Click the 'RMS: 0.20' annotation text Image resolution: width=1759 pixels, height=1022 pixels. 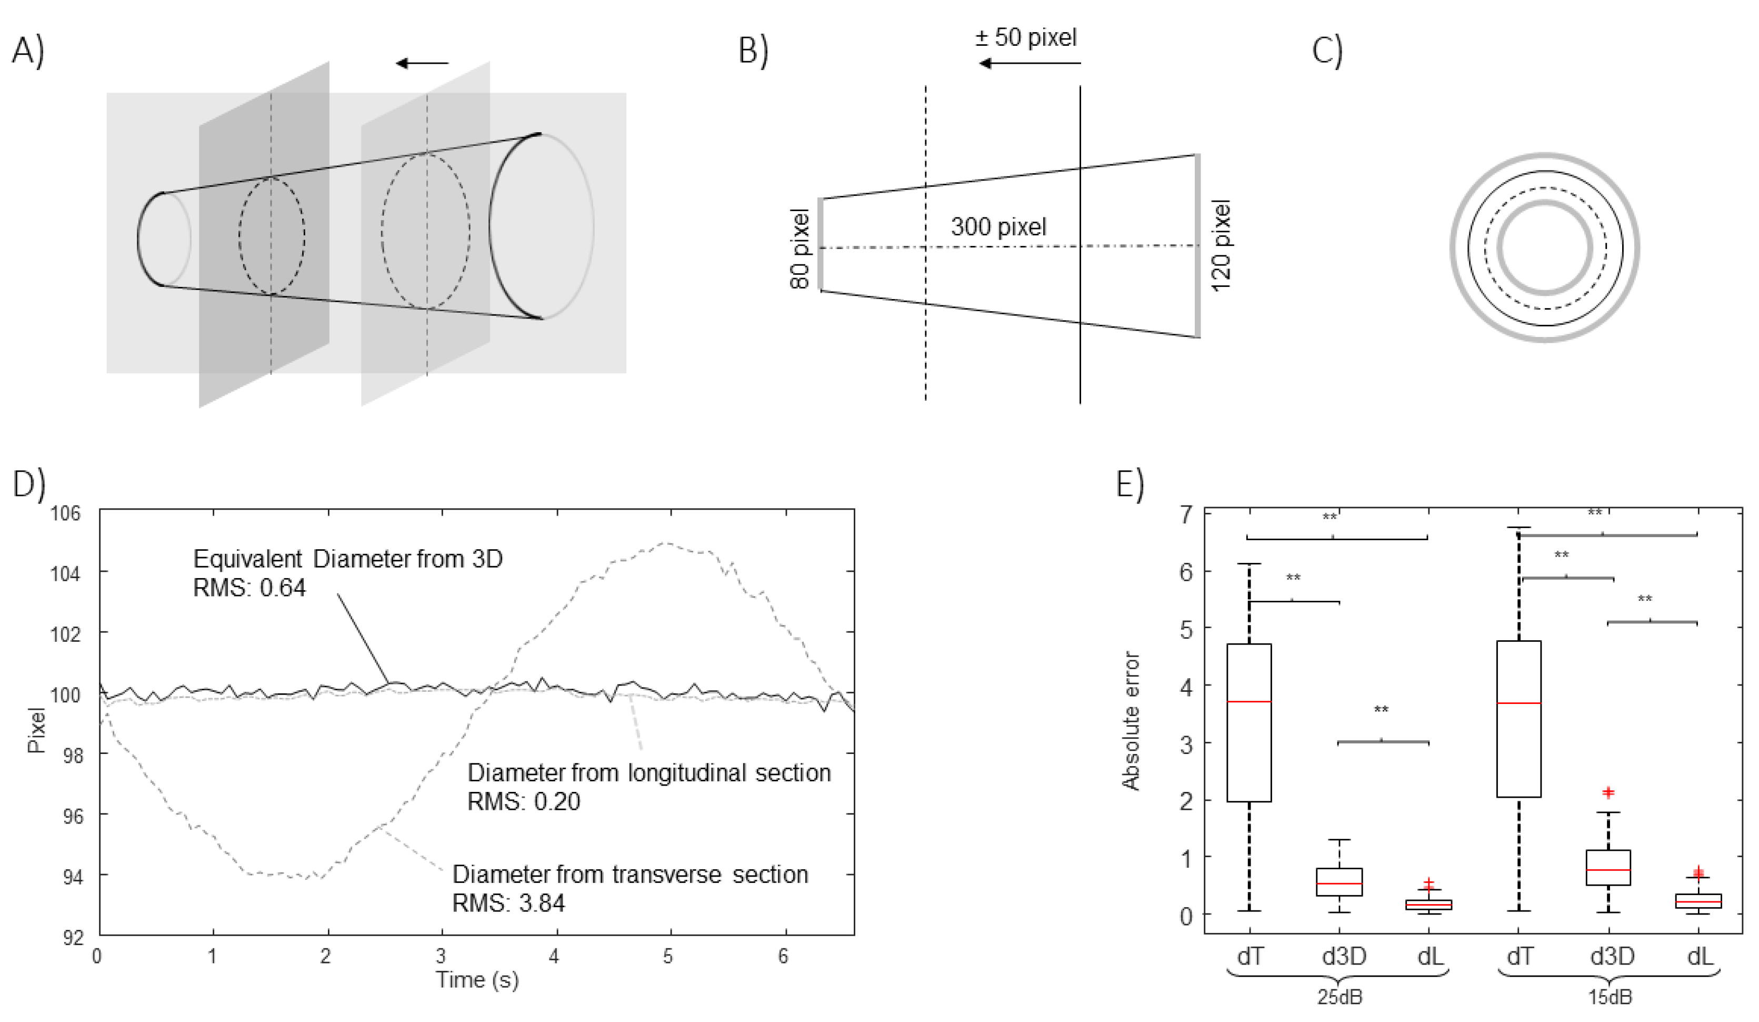point(524,801)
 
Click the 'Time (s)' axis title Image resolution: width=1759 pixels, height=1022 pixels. point(477,979)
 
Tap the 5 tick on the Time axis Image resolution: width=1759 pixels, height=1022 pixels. point(668,956)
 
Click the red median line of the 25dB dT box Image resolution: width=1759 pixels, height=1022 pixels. point(1249,701)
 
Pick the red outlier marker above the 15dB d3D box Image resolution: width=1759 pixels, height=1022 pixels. point(1608,792)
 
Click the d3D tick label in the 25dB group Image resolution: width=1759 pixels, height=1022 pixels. point(1344,956)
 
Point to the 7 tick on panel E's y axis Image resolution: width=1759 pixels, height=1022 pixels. point(1186,515)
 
